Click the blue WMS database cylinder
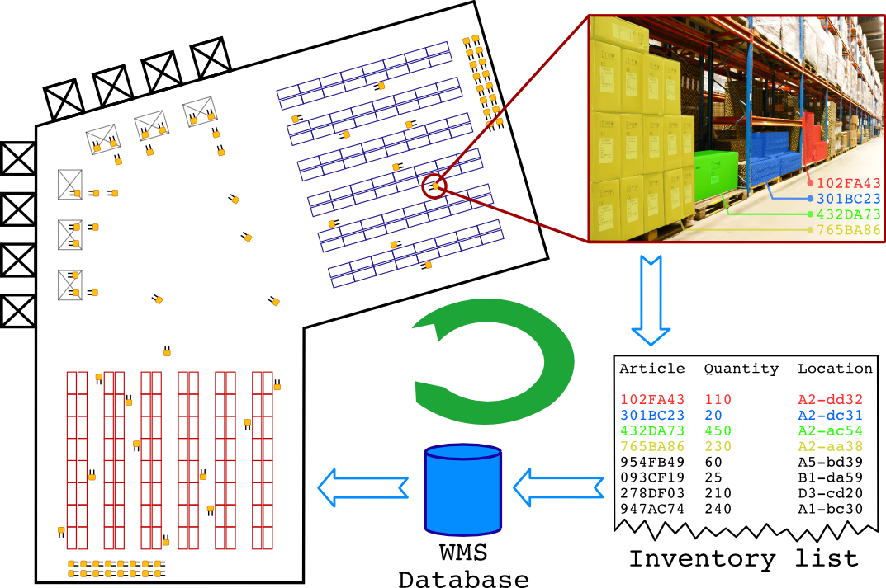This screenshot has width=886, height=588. pos(463,490)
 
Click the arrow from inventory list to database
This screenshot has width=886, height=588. pos(558,487)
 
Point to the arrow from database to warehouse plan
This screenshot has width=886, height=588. pos(364,487)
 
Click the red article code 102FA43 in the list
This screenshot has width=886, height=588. pos(651,400)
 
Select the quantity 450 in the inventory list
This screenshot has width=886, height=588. pos(718,430)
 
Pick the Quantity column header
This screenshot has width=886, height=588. pos(741,369)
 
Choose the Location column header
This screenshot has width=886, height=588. pos(834,369)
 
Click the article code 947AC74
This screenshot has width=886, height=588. pos(651,509)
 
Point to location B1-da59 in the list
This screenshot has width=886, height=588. pos(830,477)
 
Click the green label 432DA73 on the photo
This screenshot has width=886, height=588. pos(848,214)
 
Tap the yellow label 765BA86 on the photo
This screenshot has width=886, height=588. pos(848,230)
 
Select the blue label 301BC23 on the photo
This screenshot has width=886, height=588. pos(848,199)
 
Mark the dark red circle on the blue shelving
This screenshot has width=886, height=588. pos(434,186)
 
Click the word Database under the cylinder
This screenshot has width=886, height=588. pos(463,579)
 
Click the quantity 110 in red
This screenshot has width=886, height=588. pos(718,400)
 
